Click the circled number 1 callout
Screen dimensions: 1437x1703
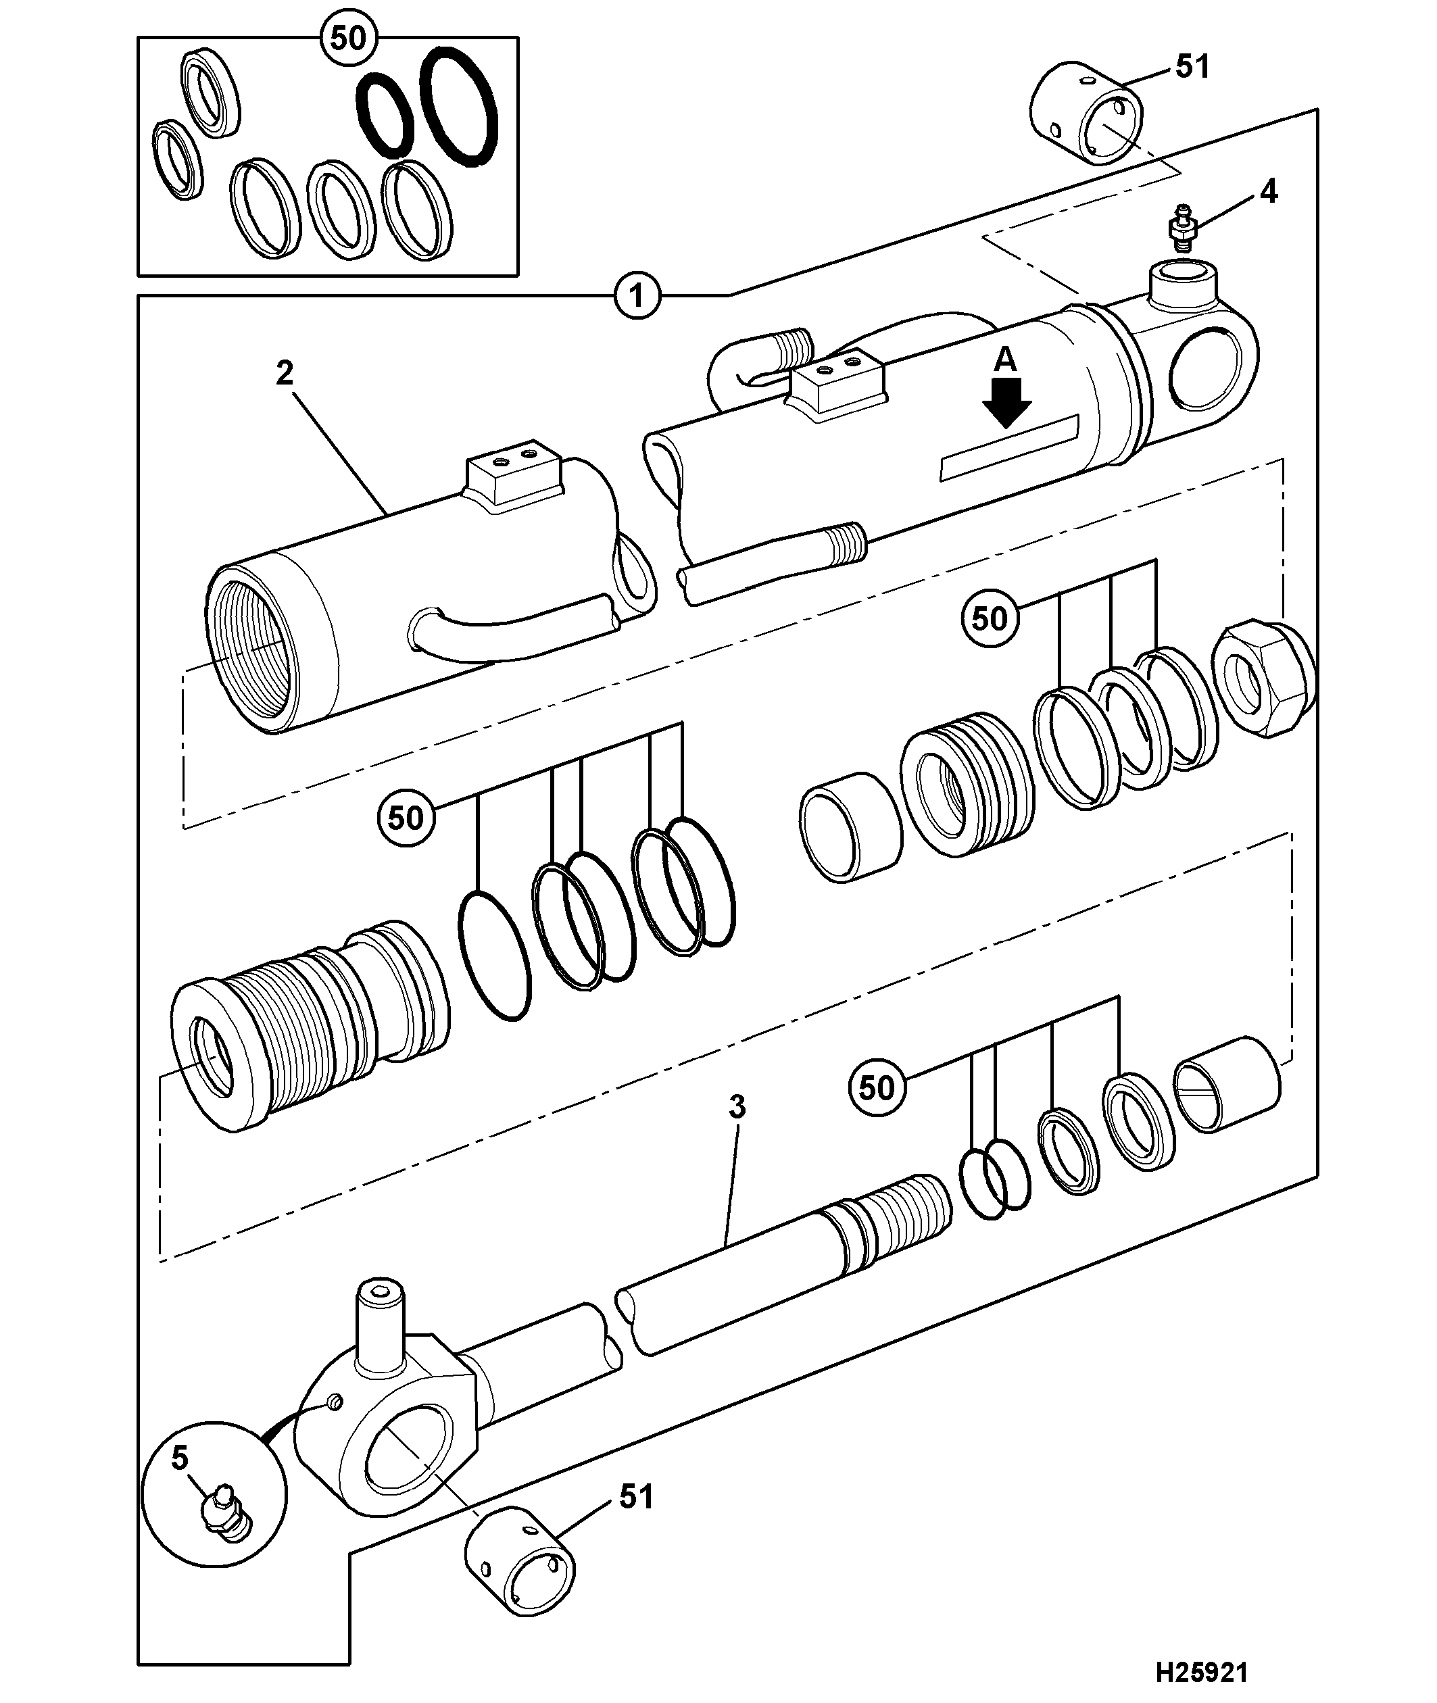click(637, 295)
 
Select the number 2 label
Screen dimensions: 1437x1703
click(285, 373)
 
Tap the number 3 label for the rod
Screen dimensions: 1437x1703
click(737, 1107)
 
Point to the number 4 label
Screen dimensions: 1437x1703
click(1269, 192)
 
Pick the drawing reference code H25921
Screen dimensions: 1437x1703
click(1202, 1667)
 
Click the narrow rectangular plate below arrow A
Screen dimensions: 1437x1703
click(1009, 447)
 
